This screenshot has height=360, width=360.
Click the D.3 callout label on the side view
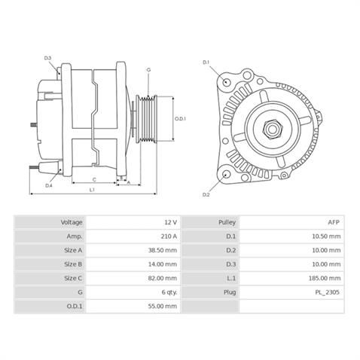[47, 58]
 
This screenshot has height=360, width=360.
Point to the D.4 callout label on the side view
[48, 185]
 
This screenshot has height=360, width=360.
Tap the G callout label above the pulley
[148, 69]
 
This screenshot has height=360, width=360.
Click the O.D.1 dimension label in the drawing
[180, 119]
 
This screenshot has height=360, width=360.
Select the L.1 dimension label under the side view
[91, 191]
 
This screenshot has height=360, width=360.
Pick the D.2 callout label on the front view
[206, 194]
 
